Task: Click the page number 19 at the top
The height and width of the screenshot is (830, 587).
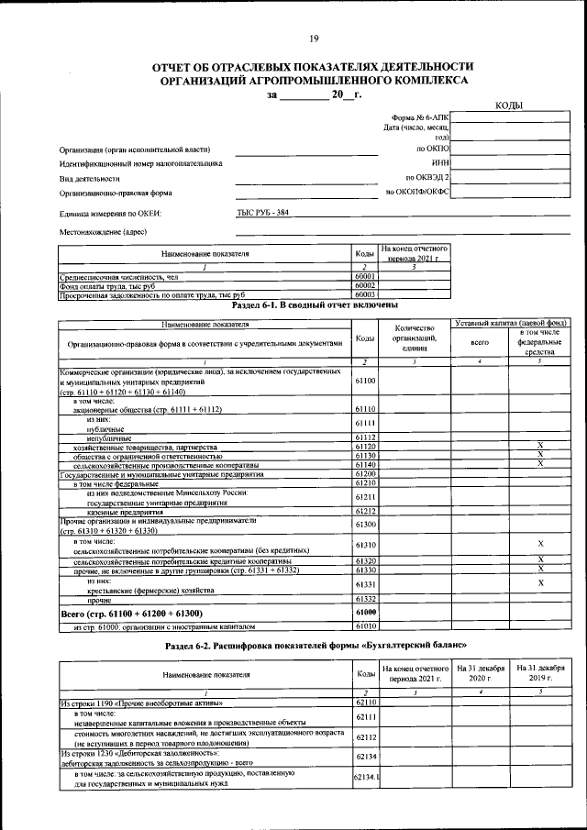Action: coord(314,38)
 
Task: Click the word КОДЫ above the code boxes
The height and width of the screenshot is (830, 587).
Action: coord(509,106)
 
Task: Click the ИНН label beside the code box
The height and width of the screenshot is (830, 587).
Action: coord(440,162)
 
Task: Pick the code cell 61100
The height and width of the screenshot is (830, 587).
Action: coord(365,380)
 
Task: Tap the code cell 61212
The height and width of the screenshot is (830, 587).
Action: coord(365,511)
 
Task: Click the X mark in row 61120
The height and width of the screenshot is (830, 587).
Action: coord(540,446)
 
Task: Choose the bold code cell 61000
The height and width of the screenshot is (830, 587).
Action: coord(365,612)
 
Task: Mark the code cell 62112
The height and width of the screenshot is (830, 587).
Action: coord(365,736)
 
